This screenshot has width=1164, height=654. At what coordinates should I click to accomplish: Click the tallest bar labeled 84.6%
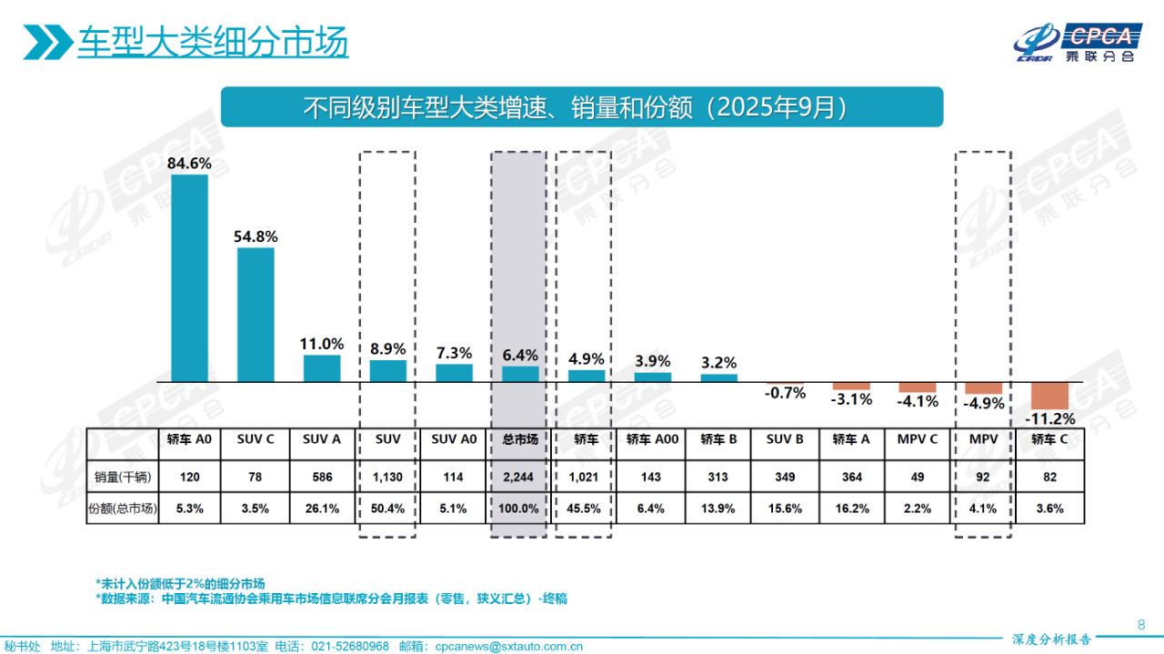[189, 277]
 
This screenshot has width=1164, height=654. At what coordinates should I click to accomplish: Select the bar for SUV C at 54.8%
[256, 314]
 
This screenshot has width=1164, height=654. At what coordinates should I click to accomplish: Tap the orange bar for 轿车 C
[1049, 396]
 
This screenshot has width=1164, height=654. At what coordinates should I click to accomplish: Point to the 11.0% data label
[322, 344]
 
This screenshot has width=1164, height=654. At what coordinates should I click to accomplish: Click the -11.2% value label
[1049, 419]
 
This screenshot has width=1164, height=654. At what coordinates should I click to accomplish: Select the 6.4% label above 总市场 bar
[520, 355]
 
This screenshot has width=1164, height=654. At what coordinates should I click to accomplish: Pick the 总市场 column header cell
[520, 439]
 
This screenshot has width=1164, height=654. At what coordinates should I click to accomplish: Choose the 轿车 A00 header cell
[652, 439]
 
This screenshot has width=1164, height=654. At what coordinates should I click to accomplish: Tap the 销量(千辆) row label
[123, 476]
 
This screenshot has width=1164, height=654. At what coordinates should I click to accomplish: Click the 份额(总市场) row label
[123, 509]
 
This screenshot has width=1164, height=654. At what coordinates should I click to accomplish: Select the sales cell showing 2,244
[520, 476]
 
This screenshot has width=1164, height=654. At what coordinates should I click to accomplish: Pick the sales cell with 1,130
[387, 476]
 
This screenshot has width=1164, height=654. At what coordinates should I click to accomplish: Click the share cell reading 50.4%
[387, 509]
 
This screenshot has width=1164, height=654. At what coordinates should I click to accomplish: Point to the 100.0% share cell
[520, 509]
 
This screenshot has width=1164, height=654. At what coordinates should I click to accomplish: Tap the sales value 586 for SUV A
[322, 476]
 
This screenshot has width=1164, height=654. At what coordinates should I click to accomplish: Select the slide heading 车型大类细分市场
[212, 43]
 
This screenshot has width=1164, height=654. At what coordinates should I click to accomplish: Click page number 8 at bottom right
[1141, 624]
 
